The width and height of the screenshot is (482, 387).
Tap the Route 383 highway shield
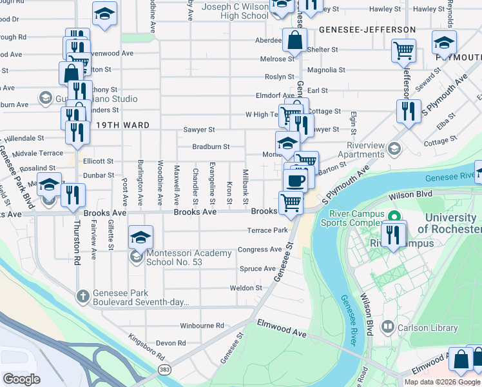[164, 369]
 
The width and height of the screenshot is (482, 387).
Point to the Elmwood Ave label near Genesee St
[282, 327]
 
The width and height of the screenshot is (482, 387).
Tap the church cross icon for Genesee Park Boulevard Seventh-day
[82, 296]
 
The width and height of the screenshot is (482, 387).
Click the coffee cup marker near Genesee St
[296, 181]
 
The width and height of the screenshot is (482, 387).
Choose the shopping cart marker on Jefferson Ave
[404, 50]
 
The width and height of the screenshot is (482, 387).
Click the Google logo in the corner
[21, 379]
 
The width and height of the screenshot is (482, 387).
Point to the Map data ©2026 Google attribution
[442, 382]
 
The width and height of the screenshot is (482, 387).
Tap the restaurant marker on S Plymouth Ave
[409, 112]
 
